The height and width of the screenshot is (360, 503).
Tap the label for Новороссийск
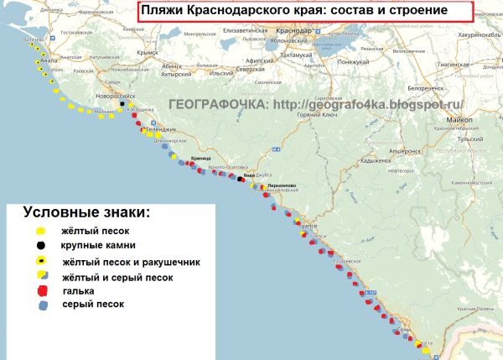pos(120,97)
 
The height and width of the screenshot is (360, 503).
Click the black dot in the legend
pos(39,245)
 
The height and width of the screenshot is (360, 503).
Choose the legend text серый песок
pos(92,305)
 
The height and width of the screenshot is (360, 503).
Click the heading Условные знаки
pos(87,212)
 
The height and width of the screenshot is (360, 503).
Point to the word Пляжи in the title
pos(160,11)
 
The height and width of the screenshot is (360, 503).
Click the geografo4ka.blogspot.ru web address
pos(369,105)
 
